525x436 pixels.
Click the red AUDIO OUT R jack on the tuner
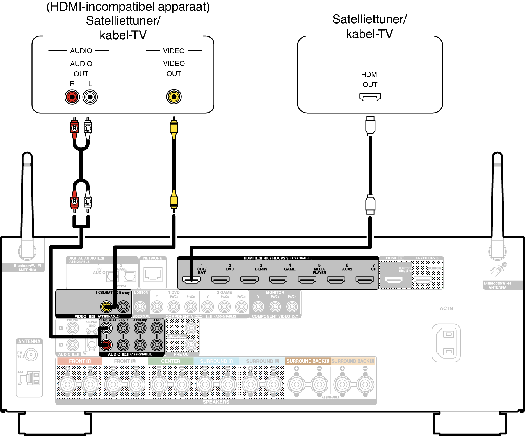pos(72,97)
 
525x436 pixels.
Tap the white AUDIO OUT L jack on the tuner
pos(90,97)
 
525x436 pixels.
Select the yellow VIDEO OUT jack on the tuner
pos(174,97)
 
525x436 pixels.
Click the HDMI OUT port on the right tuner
pos(370,97)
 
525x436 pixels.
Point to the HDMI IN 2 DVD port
pos(220,280)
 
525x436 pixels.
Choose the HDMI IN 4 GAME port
pos(278,280)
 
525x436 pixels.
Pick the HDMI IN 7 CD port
pos(365,280)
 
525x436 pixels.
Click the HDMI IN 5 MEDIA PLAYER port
pos(307,280)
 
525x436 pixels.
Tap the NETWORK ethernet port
pos(153,274)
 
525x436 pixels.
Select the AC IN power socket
pos(446,343)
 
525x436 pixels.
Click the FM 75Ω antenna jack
pos(31,355)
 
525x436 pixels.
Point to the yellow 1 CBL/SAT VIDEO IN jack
pos(106,307)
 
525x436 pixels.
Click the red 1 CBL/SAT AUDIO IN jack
pos(106,345)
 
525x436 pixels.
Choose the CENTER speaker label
pos(170,361)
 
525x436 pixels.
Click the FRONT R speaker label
pos(79,361)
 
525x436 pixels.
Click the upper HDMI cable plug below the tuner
pos(370,126)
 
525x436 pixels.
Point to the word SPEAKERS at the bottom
pos(216,402)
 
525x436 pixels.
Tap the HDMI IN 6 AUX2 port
pos(336,280)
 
